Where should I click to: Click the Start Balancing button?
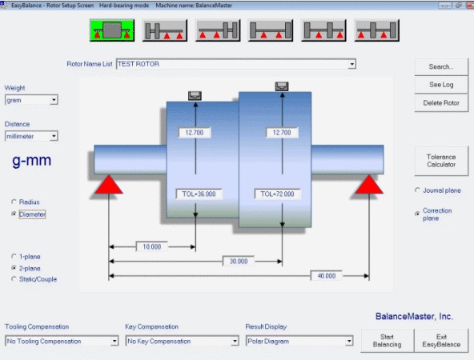(387, 341)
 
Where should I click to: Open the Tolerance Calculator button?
(441, 161)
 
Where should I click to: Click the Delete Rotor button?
(441, 103)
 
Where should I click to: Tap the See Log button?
(441, 85)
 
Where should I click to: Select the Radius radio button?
(14, 202)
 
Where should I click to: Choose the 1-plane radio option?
(14, 256)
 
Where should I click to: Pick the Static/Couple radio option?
(14, 278)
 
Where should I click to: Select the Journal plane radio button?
(417, 190)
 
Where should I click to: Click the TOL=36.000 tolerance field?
(199, 194)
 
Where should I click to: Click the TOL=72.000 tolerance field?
(277, 194)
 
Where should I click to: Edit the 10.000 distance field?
(152, 246)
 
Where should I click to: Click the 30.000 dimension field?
(239, 262)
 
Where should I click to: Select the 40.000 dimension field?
(327, 276)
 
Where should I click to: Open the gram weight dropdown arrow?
(54, 100)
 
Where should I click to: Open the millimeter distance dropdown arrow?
(54, 136)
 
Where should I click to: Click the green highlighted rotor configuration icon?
(112, 30)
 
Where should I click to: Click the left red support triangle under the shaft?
(109, 185)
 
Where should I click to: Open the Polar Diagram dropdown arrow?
(349, 342)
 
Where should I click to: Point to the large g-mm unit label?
(32, 160)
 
